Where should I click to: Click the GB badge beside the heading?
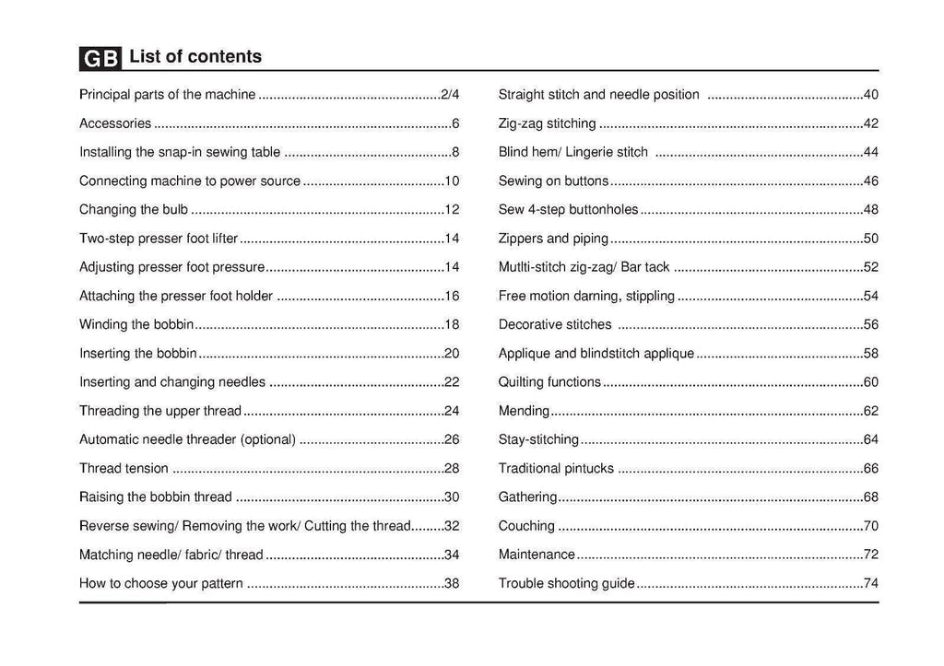tap(100, 58)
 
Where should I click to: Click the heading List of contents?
tap(195, 57)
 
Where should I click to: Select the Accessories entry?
tap(115, 123)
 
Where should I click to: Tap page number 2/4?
tap(450, 95)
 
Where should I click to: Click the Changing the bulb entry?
tap(134, 210)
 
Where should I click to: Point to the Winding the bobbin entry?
tap(136, 324)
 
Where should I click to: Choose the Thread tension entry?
tap(124, 469)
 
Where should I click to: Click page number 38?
tap(452, 583)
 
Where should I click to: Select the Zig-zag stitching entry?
tap(547, 123)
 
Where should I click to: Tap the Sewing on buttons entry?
tap(553, 181)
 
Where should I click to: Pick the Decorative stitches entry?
tap(555, 324)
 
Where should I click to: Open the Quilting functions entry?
tap(549, 382)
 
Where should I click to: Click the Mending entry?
tap(524, 411)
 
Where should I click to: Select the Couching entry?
tap(526, 526)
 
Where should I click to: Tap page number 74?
tap(870, 583)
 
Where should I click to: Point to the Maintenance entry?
tap(537, 555)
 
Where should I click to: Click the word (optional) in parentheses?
tap(267, 439)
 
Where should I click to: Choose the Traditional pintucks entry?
tap(556, 469)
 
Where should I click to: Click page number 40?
tap(870, 95)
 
